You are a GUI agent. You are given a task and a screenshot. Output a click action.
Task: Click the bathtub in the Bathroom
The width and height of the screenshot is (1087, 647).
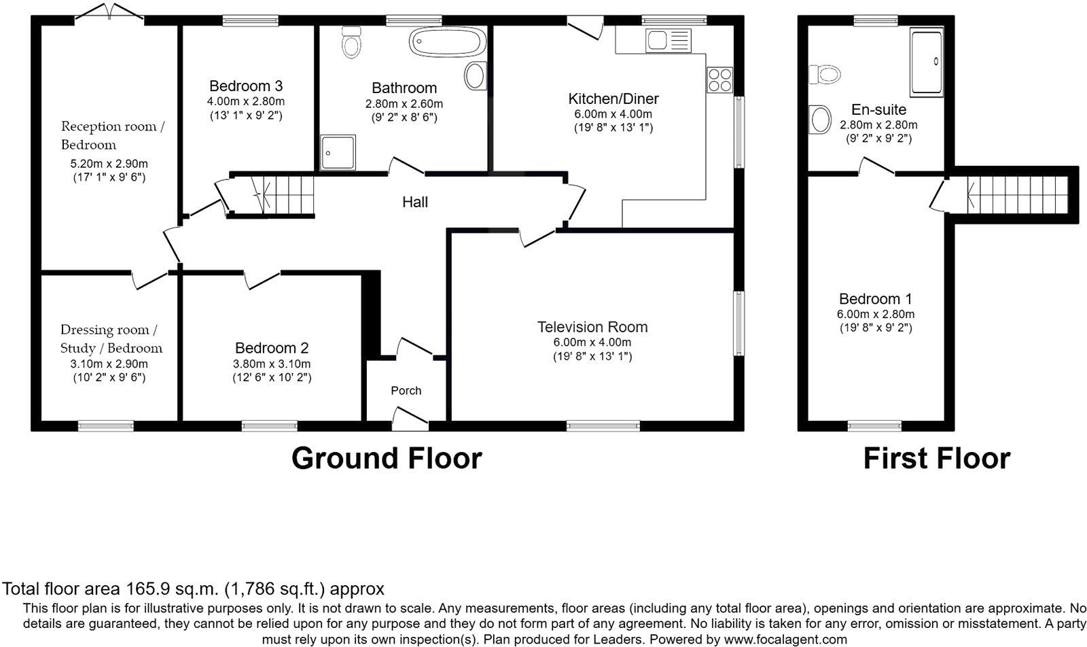click(x=447, y=42)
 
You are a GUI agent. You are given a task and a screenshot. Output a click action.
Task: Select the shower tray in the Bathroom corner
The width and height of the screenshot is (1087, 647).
click(x=338, y=152)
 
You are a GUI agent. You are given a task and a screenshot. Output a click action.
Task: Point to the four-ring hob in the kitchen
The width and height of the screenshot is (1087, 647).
click(x=720, y=80)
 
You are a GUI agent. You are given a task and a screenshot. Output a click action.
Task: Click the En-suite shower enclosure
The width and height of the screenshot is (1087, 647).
click(x=927, y=61)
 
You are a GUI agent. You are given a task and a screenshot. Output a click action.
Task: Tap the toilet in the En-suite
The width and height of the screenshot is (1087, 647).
click(x=825, y=73)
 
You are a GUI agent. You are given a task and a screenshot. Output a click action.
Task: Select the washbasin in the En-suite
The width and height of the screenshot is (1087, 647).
click(x=821, y=120)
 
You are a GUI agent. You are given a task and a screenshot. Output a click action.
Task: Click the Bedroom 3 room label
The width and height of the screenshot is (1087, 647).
click(x=245, y=86)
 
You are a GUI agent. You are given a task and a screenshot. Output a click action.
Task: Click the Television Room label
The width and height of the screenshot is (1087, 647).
click(x=592, y=327)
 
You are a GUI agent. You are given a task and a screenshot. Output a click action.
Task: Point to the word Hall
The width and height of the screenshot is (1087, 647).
click(x=414, y=202)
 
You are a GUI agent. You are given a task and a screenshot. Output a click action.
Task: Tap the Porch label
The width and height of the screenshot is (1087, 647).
click(x=406, y=391)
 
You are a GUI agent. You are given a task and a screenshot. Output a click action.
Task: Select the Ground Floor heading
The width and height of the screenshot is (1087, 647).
click(x=387, y=459)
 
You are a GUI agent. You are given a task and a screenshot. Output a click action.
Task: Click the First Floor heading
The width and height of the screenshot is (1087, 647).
click(x=936, y=459)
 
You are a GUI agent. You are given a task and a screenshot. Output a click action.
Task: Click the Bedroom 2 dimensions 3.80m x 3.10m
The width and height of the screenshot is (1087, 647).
click(x=272, y=364)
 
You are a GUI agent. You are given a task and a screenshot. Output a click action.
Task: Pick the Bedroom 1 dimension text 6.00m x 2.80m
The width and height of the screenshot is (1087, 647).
click(x=875, y=314)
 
